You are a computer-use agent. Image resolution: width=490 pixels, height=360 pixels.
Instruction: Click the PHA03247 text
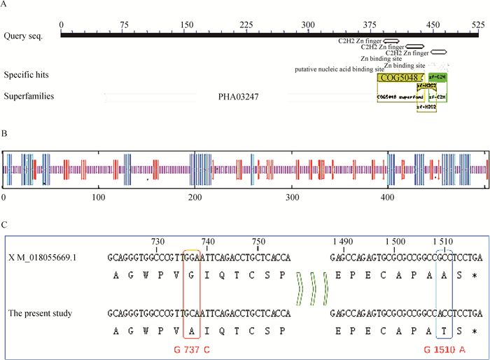click(x=239, y=96)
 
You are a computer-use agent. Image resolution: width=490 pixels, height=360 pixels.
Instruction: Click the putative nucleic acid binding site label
click(x=339, y=69)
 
